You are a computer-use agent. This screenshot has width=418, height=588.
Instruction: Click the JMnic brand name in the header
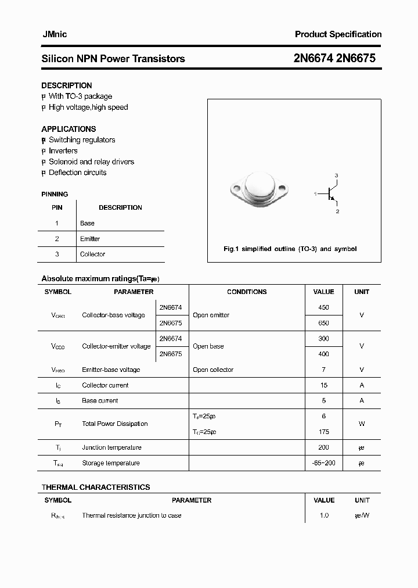55,34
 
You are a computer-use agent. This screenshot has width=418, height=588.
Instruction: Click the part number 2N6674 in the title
313,59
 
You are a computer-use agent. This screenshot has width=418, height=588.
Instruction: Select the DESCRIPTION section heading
67,85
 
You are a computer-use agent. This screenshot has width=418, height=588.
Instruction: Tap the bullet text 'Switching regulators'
82,140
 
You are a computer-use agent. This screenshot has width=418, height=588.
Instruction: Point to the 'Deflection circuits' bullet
77,173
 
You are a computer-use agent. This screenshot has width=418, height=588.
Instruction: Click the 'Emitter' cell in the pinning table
90,239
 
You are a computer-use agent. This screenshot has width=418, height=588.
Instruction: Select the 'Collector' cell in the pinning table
92,254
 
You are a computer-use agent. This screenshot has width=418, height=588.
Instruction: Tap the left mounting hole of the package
236,188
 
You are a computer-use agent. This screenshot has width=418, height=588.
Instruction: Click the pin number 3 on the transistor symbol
336,175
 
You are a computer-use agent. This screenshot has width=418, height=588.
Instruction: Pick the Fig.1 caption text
290,249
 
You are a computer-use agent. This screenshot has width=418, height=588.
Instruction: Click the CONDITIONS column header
247,292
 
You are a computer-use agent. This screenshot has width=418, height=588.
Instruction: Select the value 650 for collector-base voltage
323,323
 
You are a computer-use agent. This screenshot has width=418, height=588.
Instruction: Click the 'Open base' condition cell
208,346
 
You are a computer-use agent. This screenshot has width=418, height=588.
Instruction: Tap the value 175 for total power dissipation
323,432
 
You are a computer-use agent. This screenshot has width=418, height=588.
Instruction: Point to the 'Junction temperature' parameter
111,447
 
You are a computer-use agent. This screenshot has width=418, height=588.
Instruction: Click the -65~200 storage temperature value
323,463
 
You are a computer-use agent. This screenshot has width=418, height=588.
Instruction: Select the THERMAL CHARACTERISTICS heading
96,487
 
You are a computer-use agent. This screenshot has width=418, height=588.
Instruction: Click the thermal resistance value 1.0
323,515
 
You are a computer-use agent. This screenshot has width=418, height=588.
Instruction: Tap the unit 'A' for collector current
361,385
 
